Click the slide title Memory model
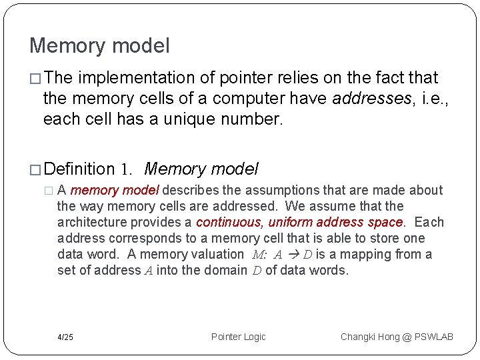(x=99, y=46)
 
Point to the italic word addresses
(x=369, y=99)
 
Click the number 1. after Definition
(x=129, y=169)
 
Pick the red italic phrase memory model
(x=114, y=191)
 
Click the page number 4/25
(x=65, y=337)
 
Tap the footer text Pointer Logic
(x=238, y=337)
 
